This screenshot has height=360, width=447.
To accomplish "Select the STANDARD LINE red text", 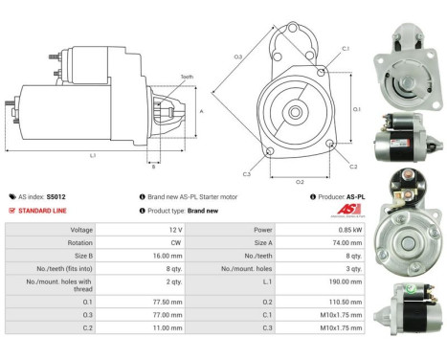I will (x=41, y=210).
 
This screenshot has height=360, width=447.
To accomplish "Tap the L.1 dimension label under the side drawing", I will (x=92, y=154).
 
